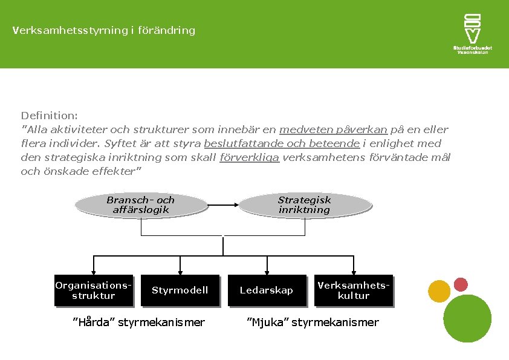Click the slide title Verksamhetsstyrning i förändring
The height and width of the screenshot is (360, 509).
pyautogui.click(x=103, y=30)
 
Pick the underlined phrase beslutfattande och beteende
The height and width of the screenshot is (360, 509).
pyautogui.click(x=282, y=143)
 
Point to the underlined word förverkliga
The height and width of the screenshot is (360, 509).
pyautogui.click(x=249, y=158)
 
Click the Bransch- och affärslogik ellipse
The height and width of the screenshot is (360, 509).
pyautogui.click(x=140, y=205)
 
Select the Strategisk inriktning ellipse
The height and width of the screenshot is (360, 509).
pyautogui.click(x=304, y=205)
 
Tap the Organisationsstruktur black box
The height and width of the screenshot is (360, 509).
pyautogui.click(x=94, y=290)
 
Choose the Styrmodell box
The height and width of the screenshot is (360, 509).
pyautogui.click(x=180, y=290)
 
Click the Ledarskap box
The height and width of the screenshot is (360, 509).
pyautogui.click(x=266, y=290)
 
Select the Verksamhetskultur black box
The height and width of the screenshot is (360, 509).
pyautogui.click(x=354, y=290)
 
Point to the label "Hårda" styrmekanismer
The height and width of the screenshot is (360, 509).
pyautogui.click(x=138, y=322)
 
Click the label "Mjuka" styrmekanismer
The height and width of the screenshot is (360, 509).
pyautogui.click(x=313, y=322)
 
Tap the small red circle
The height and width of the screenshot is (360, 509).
pyautogui.click(x=461, y=284)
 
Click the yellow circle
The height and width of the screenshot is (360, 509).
pyautogui.click(x=439, y=291)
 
